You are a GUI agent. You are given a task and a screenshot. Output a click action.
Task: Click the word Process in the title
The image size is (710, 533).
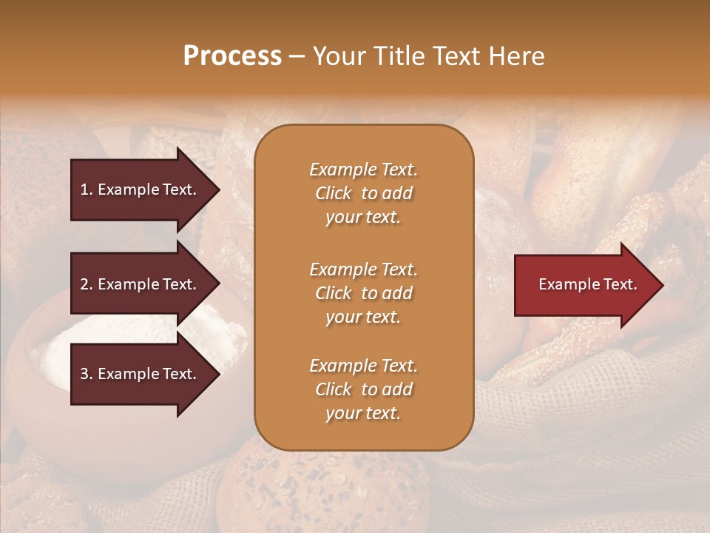tap(232, 56)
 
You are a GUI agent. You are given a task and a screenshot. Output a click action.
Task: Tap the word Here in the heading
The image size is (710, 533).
tap(516, 56)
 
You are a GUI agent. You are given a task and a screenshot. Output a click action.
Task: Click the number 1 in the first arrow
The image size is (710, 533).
tap(84, 190)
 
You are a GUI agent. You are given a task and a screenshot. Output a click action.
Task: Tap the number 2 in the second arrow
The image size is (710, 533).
tap(84, 284)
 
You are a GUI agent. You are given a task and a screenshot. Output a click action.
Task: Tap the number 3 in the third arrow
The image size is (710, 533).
tap(84, 374)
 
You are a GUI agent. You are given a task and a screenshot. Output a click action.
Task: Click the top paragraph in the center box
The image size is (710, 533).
tap(363, 193)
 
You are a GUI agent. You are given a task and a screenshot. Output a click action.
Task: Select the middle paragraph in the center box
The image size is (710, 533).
tap(363, 293)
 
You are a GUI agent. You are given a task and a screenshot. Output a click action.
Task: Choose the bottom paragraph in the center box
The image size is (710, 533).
tap(363, 389)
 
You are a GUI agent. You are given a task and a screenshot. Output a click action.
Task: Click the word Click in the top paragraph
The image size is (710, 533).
tap(333, 193)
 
